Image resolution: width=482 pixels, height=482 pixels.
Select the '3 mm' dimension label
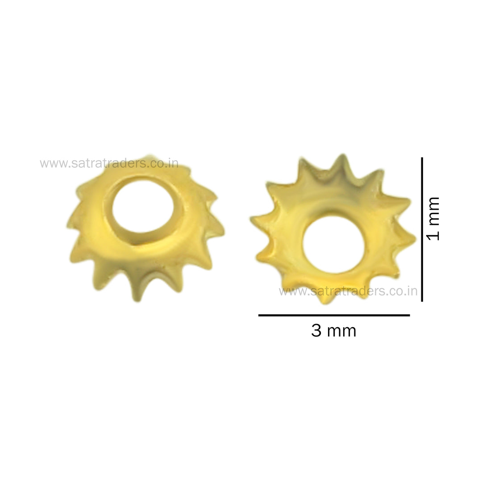pyautogui.click(x=333, y=331)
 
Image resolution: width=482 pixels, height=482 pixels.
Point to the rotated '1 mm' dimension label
pyautogui.click(x=432, y=218)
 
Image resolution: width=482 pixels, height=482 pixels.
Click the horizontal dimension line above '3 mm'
pyautogui.click(x=334, y=315)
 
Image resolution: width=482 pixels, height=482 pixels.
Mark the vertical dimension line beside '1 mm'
pyautogui.click(x=422, y=229)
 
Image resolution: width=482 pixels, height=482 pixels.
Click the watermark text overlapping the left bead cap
pyautogui.click(x=109, y=163)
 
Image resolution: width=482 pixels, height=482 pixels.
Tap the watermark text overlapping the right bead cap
pyautogui.click(x=348, y=291)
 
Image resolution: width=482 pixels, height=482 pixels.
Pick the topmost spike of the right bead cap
pyautogui.click(x=342, y=160)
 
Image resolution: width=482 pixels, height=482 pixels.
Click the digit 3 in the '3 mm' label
pyautogui.click(x=316, y=331)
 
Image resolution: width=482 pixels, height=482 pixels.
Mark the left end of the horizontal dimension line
pyautogui.click(x=260, y=315)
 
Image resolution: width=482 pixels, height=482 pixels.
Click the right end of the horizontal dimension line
pyautogui.click(x=408, y=315)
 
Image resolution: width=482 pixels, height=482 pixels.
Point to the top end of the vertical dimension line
pyautogui.click(x=422, y=159)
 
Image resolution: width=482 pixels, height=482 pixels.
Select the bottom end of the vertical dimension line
pyautogui.click(x=422, y=300)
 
